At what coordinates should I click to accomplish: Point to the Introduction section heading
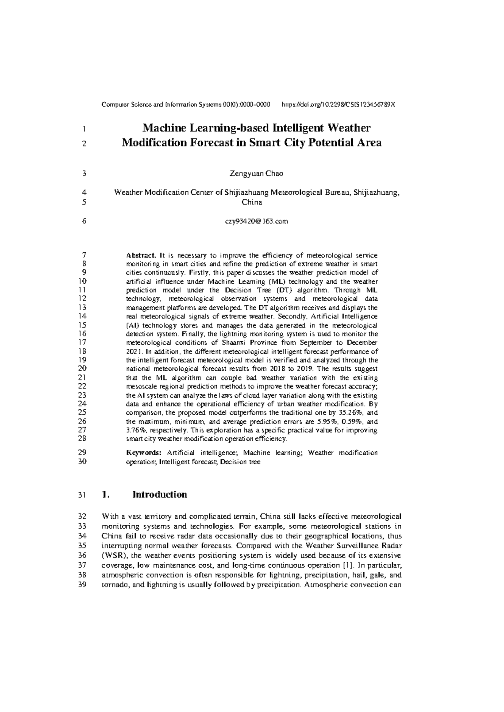pos(160,495)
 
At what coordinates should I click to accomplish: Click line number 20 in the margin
pos(82,369)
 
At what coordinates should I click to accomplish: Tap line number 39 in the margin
pos(82,585)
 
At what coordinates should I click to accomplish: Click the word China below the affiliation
pos(252,202)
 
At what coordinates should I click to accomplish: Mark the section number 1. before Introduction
pos(106,495)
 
